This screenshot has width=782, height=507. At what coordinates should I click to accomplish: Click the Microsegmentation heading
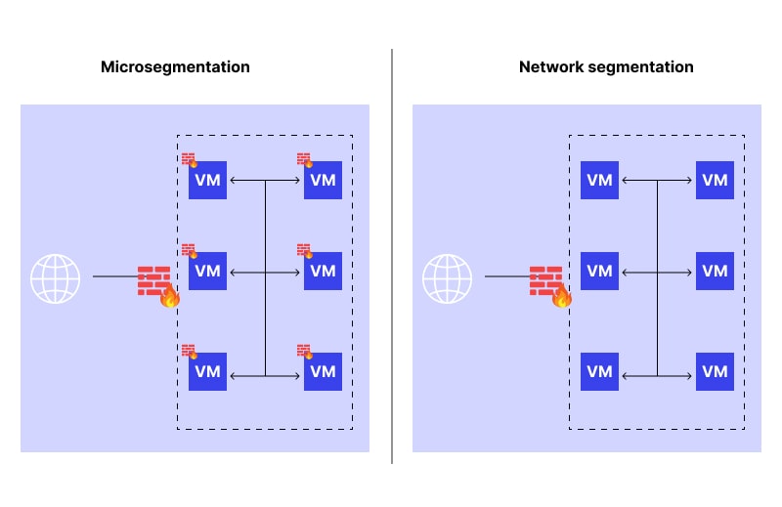coord(175,67)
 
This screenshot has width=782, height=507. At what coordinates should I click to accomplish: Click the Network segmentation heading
coord(606,67)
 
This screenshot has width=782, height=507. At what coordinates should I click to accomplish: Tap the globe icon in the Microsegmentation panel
coord(55,278)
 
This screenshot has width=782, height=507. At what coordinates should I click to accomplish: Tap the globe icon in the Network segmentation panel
coord(447,278)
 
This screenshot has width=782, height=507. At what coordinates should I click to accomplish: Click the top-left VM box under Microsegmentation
coord(207,181)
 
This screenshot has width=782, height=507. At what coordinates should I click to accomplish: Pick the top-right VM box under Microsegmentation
coord(323,181)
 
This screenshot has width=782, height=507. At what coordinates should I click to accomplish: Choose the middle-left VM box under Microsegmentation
coord(207,271)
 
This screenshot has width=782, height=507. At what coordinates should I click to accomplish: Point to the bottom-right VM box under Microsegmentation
coord(323,371)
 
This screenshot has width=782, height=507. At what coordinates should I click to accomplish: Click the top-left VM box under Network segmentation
coord(599,181)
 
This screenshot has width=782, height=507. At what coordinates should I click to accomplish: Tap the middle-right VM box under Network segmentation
coord(715,271)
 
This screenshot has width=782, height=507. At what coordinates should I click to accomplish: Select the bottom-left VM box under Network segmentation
coord(599,371)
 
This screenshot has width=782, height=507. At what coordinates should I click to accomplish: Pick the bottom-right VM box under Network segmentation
coord(715,371)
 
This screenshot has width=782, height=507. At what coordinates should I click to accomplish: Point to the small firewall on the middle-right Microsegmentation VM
coord(304,250)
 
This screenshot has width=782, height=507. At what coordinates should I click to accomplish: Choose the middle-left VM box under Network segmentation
coord(599,271)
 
